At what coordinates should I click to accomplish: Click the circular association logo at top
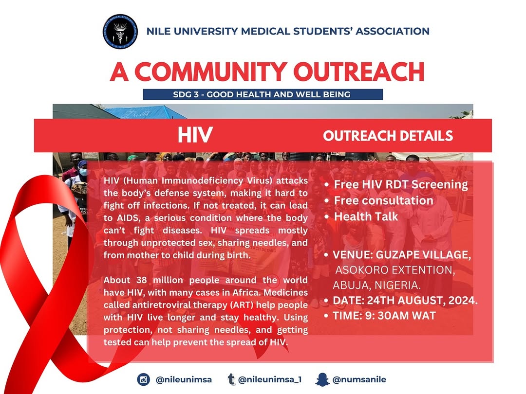(x=120, y=32)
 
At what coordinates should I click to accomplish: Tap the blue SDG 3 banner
(x=263, y=94)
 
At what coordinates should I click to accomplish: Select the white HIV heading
(x=195, y=136)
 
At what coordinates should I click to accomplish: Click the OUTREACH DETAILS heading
(x=388, y=136)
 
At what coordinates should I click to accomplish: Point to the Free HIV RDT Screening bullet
(x=400, y=185)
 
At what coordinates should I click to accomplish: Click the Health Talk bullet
(x=366, y=216)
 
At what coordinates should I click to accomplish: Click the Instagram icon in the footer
(x=143, y=379)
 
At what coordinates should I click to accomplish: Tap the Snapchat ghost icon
(x=322, y=379)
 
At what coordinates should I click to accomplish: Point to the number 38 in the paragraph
(x=137, y=280)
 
